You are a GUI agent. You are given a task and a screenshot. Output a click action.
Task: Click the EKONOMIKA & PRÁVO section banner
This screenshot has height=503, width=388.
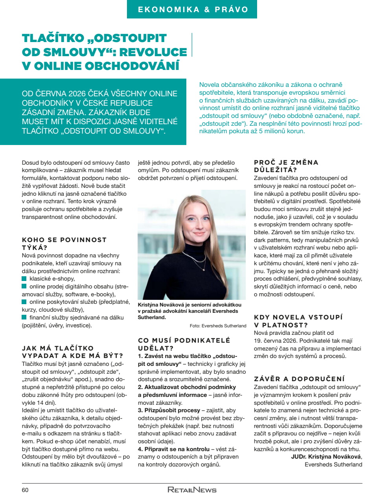192,9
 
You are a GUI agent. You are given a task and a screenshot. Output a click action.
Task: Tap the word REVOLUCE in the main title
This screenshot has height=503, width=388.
153,52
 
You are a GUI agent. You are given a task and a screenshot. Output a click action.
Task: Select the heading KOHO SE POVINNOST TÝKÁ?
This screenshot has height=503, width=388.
64,244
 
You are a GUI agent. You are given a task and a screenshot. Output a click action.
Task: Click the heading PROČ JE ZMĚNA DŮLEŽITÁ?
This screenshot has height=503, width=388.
286,166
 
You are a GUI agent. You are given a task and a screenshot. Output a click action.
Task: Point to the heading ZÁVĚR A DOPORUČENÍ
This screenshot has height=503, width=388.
299,379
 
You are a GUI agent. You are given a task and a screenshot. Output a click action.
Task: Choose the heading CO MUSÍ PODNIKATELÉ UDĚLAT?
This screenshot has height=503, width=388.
184,344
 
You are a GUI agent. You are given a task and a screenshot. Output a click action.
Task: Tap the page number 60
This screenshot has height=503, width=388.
25,490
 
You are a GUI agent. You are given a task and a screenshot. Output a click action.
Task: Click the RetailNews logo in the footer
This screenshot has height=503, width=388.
192,490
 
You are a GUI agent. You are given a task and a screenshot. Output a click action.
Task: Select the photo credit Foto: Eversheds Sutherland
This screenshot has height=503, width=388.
218,326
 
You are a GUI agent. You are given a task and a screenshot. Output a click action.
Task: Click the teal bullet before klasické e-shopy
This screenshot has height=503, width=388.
24,279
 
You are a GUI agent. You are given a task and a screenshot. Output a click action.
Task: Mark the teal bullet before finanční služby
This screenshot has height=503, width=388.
24,317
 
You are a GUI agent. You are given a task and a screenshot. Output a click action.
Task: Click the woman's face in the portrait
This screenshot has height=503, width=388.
194,222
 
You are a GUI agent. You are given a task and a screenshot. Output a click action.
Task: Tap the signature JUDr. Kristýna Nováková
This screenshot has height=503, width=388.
326,457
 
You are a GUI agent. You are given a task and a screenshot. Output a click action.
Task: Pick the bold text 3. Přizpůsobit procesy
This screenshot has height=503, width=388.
169,410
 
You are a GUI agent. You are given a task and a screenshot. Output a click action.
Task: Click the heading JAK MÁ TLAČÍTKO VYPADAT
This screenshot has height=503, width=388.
72,352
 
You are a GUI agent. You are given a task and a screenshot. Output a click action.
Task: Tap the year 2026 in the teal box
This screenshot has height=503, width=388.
80,94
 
